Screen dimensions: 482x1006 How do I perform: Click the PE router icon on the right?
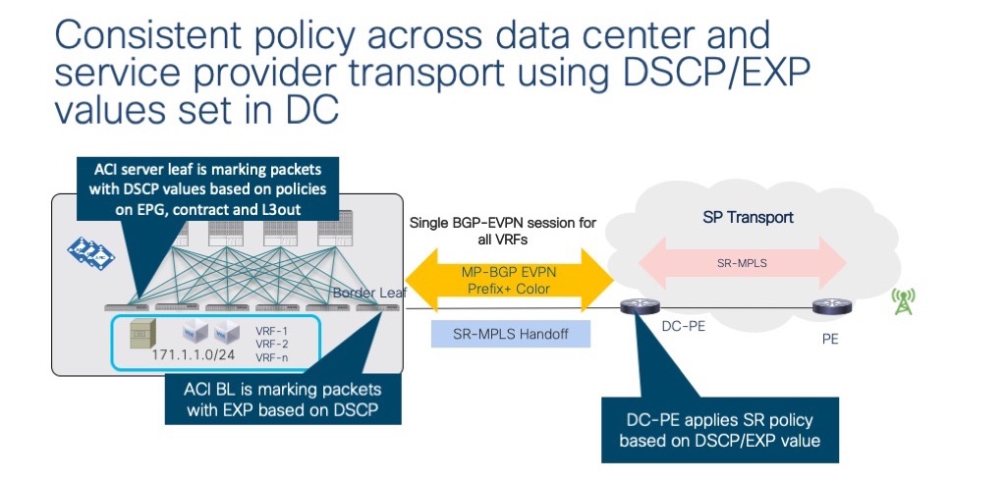[826, 308]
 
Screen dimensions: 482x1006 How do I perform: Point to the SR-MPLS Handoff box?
[511, 335]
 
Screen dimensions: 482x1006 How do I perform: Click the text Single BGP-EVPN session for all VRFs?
[504, 232]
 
